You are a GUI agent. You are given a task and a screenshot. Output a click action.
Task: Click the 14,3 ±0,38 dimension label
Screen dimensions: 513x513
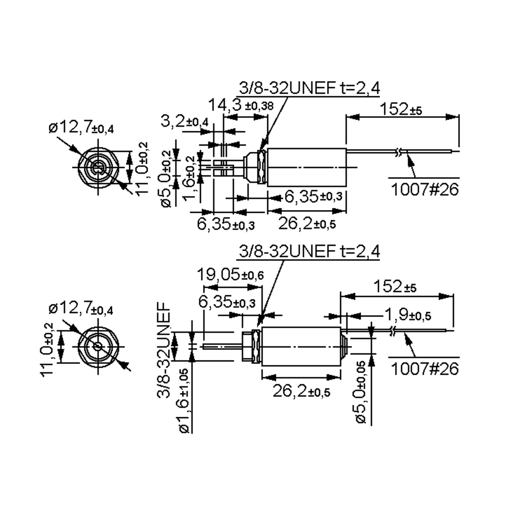240,105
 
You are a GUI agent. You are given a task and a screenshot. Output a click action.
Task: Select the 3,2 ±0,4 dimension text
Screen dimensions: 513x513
184,122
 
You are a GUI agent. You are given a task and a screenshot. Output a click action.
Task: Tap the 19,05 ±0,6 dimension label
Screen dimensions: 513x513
230,275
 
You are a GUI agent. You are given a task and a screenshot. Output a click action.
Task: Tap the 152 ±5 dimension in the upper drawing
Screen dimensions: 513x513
401,109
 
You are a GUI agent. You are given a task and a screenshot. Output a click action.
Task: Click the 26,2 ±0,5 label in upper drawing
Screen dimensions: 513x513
307,224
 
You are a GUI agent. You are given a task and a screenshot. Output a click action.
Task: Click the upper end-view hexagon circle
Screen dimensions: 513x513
98,168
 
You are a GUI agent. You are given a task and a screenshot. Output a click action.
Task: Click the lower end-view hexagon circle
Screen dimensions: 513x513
98,346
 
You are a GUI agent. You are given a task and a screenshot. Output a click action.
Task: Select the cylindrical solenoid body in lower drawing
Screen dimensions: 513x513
301,346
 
